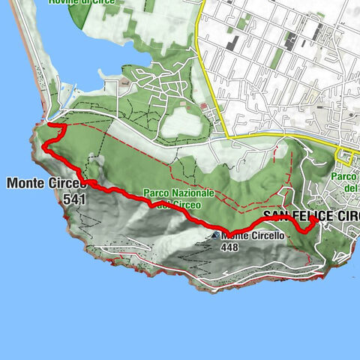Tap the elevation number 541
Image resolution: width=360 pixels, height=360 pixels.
[x=76, y=199]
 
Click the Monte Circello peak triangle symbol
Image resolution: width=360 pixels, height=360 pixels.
[x=215, y=235]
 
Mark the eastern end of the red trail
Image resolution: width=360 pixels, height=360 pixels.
[x=314, y=220]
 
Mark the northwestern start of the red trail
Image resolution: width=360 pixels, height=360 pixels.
[x=49, y=124]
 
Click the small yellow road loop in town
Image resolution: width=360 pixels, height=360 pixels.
[x=345, y=158]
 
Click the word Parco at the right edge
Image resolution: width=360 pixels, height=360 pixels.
[x=346, y=177]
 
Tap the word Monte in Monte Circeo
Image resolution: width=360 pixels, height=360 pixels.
[x=24, y=182]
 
